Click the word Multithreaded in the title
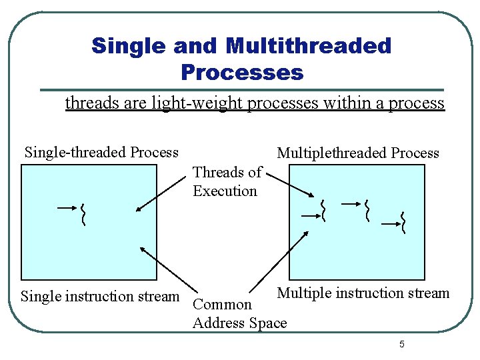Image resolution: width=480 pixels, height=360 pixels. pyautogui.click(x=309, y=46)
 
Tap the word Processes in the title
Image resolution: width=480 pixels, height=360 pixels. pyautogui.click(x=241, y=71)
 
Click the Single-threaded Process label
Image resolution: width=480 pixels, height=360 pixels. pyautogui.click(x=101, y=152)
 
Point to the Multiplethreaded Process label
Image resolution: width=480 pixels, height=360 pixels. pyautogui.click(x=358, y=153)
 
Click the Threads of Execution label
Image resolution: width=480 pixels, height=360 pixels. pyautogui.click(x=227, y=181)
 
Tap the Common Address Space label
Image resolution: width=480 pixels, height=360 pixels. pyautogui.click(x=239, y=314)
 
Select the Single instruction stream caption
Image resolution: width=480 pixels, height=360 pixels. pyautogui.click(x=100, y=295)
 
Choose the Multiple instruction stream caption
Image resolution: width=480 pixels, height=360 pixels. pyautogui.click(x=363, y=293)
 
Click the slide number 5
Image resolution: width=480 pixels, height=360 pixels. pyautogui.click(x=401, y=344)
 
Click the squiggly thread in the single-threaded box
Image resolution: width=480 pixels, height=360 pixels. pyautogui.click(x=83, y=213)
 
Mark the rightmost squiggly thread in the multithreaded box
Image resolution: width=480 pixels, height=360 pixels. pyautogui.click(x=403, y=222)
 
